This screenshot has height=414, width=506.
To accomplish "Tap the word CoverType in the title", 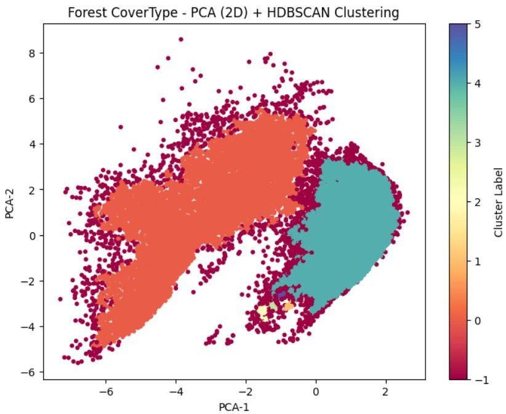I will [x=135, y=12].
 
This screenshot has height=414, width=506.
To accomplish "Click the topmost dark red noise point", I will [x=180, y=39].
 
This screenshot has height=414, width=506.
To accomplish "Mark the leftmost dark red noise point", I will [x=60, y=299].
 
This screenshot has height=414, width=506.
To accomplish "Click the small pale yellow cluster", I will [x=263, y=311].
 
